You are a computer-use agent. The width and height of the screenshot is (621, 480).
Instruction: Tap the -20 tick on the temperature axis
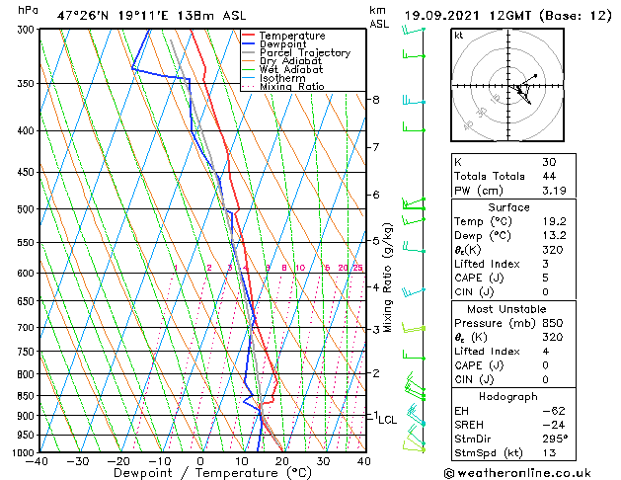(118, 461)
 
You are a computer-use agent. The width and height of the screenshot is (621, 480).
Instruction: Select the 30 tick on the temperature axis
(323, 461)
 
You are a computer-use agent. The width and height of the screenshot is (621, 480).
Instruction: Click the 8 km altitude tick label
(376, 100)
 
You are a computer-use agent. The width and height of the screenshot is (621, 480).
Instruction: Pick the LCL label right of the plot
(387, 420)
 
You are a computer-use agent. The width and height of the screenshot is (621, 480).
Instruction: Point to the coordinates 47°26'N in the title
(83, 16)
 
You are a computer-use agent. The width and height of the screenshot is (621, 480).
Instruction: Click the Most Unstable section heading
(508, 308)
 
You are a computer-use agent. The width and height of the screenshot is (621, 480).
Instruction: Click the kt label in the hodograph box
(458, 35)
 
